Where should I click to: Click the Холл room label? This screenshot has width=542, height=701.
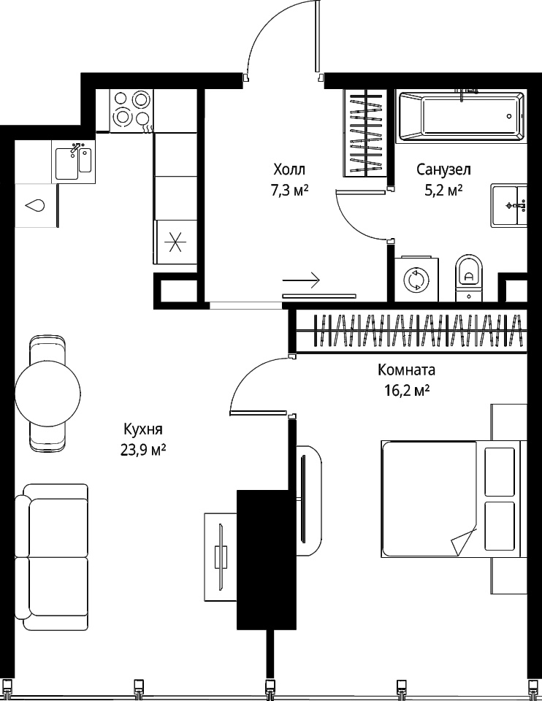coord(289,170)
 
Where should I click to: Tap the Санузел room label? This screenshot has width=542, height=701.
coord(443,170)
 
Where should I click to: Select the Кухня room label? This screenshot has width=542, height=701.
coord(143,429)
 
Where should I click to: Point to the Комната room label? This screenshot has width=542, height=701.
coord(406,370)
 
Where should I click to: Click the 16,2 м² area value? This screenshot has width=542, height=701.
coord(407,391)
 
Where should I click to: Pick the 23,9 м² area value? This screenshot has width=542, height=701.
coord(143,450)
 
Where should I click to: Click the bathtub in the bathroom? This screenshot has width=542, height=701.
coord(462,116)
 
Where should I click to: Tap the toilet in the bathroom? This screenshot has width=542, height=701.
coord(470,278)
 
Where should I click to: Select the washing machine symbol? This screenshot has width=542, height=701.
coord(416,280)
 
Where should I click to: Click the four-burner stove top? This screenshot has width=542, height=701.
coord(131,110)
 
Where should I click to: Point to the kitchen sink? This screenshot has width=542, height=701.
coord(73,161)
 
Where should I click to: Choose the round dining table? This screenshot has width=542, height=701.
coord(48,394)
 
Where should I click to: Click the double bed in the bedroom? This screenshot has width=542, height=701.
coord(451,499)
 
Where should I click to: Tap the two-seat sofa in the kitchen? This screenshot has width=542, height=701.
coord(51,556)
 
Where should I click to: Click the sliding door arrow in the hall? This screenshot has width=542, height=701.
coord(302,280)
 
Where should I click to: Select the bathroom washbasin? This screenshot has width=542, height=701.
coord(509,205)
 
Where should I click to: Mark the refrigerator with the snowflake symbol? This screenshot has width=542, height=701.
coord(175,242)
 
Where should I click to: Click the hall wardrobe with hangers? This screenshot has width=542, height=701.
coord(366,133)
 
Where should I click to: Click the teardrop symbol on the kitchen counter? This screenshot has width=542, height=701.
coord(35,205)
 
